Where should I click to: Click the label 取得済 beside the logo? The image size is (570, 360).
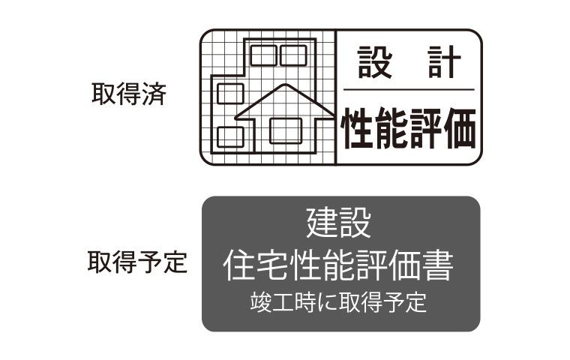point(128,95)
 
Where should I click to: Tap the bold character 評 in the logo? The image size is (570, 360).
point(425,129)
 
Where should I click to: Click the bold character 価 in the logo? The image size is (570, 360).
point(458,129)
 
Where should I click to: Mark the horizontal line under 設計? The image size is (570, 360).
point(409,90)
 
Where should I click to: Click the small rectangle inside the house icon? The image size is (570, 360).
point(285,130)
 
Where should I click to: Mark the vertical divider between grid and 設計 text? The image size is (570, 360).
point(335,96)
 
